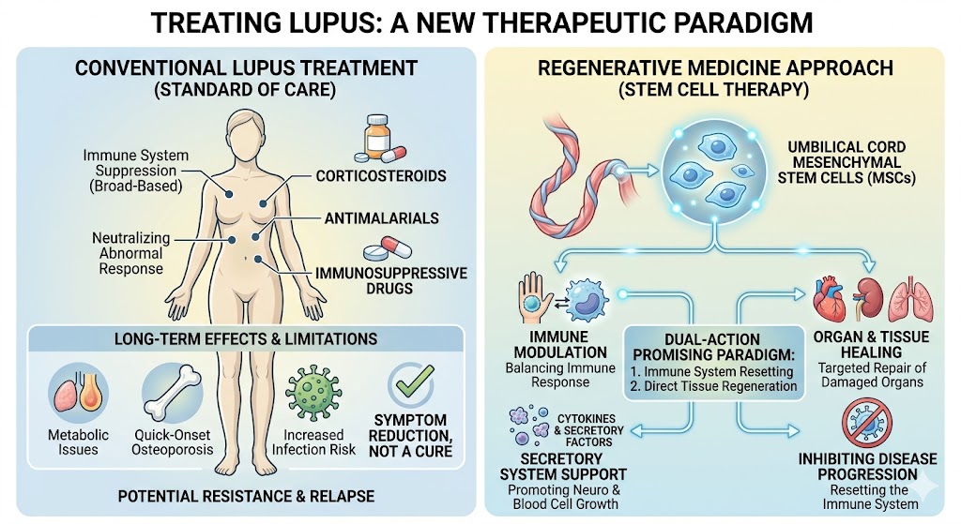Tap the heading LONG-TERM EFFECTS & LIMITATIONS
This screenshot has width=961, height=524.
click(x=246, y=338)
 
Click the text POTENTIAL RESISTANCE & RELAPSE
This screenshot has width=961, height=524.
click(x=245, y=495)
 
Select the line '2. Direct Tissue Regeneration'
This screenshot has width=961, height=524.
click(x=713, y=385)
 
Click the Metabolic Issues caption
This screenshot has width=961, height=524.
click(x=78, y=442)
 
